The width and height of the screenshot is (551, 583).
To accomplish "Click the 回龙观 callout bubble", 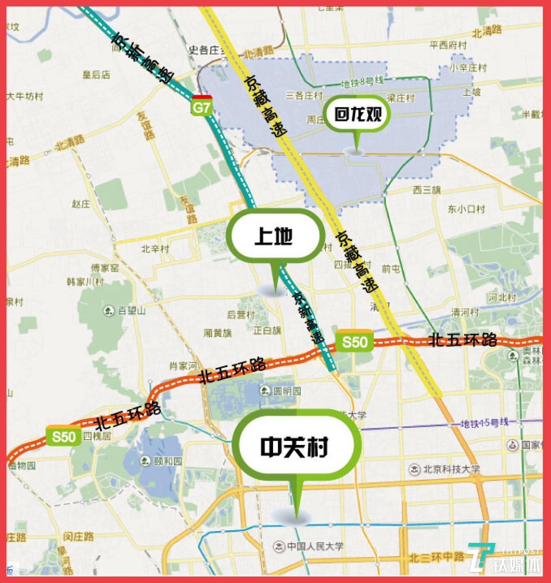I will tap(357, 114).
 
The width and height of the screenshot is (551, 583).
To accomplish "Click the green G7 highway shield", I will tap(202, 107).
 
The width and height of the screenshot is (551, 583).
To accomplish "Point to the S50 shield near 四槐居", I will tap(63, 436).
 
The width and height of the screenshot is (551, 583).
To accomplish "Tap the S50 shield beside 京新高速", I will tap(354, 341).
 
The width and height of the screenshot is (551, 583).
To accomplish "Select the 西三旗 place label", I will tap(427, 191).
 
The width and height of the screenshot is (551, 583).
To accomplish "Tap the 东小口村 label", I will tap(466, 209).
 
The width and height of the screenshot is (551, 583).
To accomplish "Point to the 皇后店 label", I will tap(96, 74).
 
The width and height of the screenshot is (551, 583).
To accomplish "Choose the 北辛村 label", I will tap(155, 249).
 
